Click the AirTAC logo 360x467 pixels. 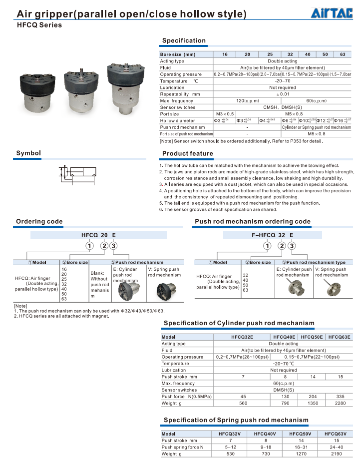click(x=332, y=13)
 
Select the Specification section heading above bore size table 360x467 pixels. click(x=184, y=40)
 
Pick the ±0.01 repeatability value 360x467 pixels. click(x=283, y=94)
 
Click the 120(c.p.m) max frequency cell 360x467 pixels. click(x=248, y=101)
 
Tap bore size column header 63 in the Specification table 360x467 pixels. click(x=343, y=54)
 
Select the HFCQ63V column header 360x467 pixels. click(x=335, y=434)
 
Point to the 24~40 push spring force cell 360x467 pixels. click(x=335, y=447)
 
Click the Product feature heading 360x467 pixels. click(x=187, y=153)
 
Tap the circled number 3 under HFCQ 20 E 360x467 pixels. click(x=114, y=245)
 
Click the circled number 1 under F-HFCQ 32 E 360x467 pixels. click(x=268, y=245)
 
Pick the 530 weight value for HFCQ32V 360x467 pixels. click(x=230, y=454)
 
